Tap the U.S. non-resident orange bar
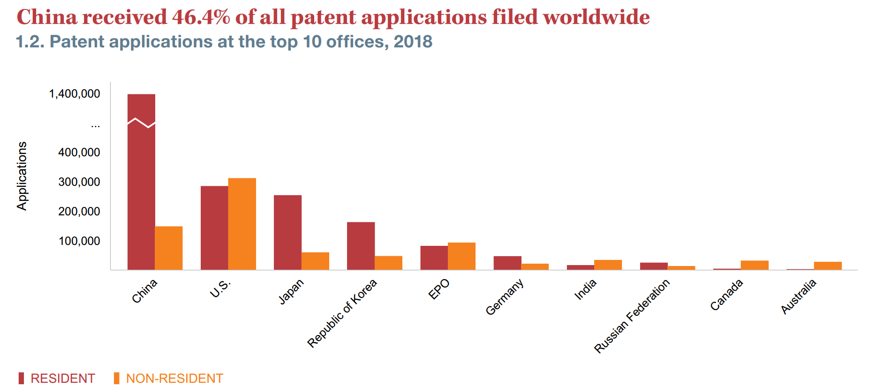[242, 224]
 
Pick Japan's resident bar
[287, 232]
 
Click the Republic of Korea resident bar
[361, 246]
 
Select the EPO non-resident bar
[461, 256]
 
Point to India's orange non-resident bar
[608, 265]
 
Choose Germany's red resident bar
[507, 263]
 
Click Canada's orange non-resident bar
[755, 265]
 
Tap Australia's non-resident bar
[828, 266]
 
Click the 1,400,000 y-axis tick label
[75, 94]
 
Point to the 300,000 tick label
[79, 182]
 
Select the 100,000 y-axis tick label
[79, 241]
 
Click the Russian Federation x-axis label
[632, 316]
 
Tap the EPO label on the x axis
[439, 289]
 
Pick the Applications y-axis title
[22, 176]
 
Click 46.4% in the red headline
[201, 17]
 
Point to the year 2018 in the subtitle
[413, 42]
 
